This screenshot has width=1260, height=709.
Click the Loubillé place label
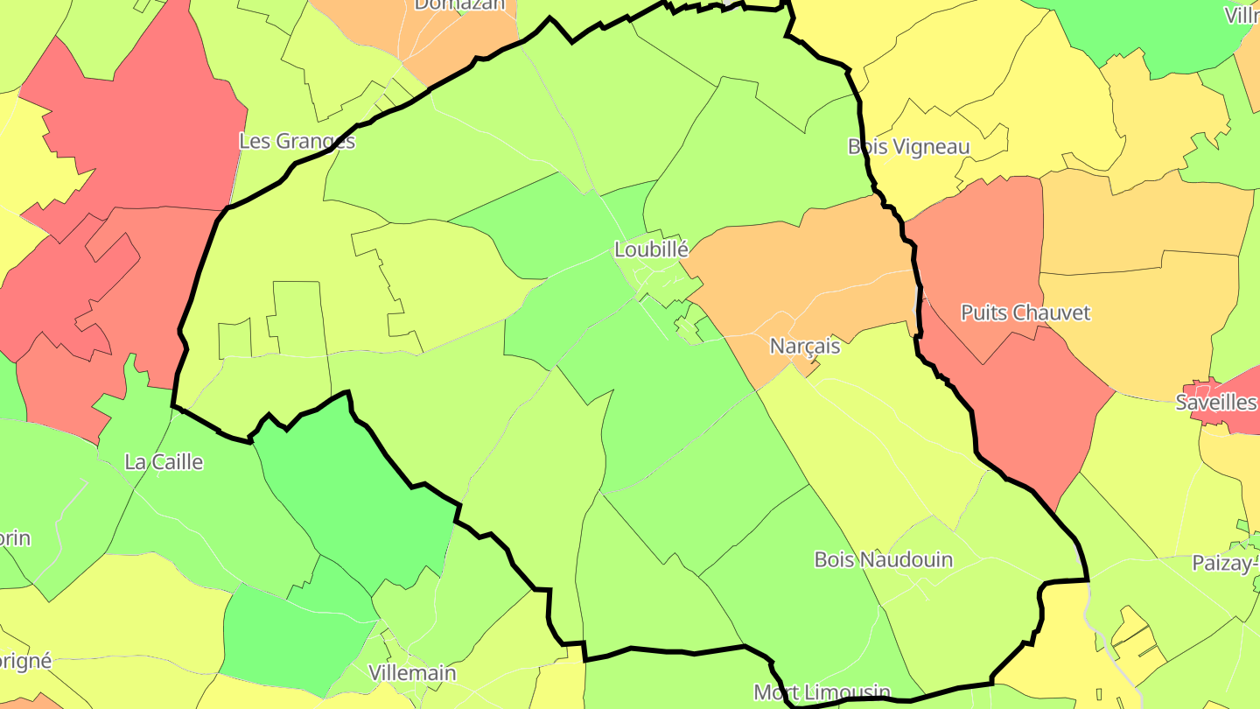tap(651, 249)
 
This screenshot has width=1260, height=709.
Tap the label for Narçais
tap(804, 346)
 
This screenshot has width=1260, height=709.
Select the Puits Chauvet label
tap(1025, 312)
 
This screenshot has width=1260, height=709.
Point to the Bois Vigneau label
tap(908, 146)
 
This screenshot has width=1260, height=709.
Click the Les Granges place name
tap(297, 141)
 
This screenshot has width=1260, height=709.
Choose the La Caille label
tap(164, 461)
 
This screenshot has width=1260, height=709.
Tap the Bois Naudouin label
tap(883, 559)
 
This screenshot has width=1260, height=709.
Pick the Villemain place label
tap(412, 673)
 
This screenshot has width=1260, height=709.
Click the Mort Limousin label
tap(822, 692)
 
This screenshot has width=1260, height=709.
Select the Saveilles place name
tap(1216, 402)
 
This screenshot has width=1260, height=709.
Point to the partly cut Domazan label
tap(459, 5)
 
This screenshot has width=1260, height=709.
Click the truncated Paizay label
tap(1225, 563)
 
